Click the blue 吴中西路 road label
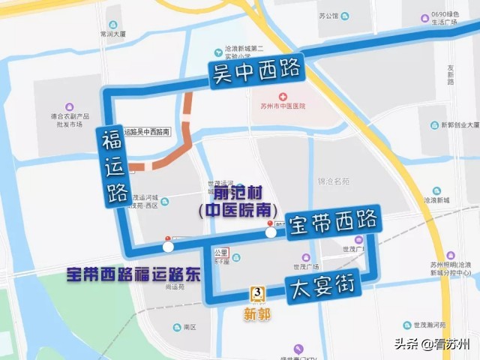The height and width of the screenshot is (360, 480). click(x=256, y=73)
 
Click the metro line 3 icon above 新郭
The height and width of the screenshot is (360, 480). click(x=258, y=292)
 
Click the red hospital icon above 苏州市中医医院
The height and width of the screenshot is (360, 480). click(x=283, y=97)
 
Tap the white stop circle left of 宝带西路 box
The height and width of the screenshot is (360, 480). click(x=271, y=232)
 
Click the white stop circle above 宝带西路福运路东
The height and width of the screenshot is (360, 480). click(x=168, y=246)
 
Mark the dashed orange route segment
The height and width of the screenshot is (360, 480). click(x=172, y=150)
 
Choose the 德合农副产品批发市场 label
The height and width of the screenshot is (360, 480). click(x=70, y=120)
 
